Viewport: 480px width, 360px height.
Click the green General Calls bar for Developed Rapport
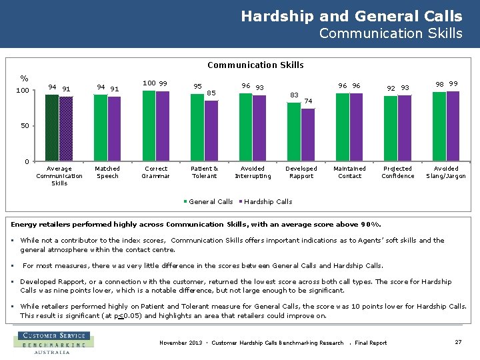click(294, 132)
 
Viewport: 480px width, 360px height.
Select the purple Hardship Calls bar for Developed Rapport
click(307, 135)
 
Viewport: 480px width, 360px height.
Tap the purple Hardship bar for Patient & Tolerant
click(211, 131)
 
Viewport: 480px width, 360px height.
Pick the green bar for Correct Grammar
click(149, 126)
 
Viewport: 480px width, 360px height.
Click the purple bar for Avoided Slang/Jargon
click(453, 126)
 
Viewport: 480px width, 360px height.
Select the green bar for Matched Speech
click(101, 128)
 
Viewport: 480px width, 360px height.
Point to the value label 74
click(308, 101)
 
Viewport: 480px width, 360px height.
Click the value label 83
click(294, 95)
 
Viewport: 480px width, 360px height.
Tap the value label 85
click(211, 93)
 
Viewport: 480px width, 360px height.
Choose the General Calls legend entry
click(208, 201)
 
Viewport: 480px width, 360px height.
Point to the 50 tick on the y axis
click(25, 126)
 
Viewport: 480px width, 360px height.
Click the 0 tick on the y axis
click(27, 161)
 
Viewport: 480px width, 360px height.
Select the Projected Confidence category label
click(398, 172)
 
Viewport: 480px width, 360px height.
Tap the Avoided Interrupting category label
click(253, 172)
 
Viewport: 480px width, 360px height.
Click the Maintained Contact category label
click(350, 172)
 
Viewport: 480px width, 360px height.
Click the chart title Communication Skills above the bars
click(255, 65)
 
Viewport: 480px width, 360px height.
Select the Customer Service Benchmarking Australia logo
click(53, 342)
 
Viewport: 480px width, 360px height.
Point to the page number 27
click(458, 342)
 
